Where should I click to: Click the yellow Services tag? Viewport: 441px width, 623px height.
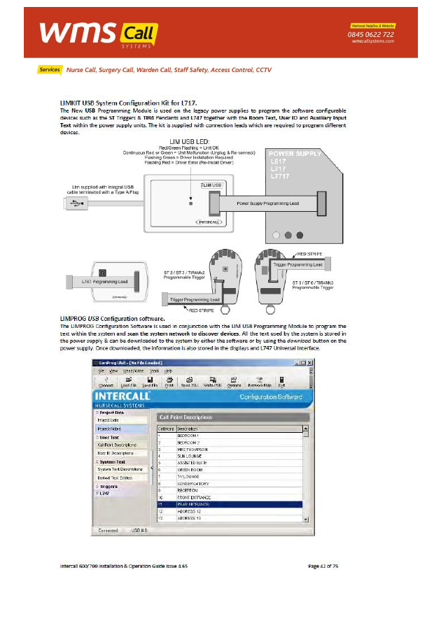click(50, 70)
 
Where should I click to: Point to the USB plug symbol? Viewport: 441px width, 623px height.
click(75, 203)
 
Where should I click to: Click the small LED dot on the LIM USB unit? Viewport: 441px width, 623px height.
click(191, 202)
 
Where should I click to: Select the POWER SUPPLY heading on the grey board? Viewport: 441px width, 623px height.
click(295, 153)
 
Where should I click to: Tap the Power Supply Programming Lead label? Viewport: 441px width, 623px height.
click(267, 203)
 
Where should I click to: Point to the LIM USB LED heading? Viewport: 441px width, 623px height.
click(191, 142)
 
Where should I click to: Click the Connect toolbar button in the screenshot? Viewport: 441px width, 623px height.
click(106, 382)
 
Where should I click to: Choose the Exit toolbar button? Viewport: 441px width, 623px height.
click(281, 382)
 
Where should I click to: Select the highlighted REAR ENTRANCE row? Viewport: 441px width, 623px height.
click(231, 504)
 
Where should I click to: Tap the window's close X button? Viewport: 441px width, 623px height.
click(307, 362)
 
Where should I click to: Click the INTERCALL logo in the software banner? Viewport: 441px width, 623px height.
click(126, 396)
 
